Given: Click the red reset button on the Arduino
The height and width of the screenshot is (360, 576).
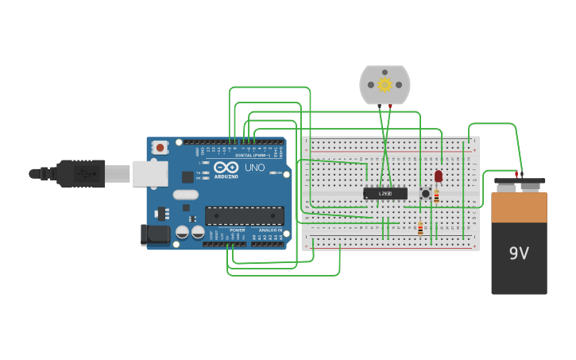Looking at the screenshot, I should pyautogui.click(x=160, y=147).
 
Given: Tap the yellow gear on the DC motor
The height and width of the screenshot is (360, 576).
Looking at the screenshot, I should pyautogui.click(x=385, y=84).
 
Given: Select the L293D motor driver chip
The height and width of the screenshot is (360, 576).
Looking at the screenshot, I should pyautogui.click(x=385, y=193).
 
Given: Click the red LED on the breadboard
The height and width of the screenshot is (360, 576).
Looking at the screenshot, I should pyautogui.click(x=438, y=176).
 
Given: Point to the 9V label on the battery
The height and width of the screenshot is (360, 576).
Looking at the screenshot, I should pyautogui.click(x=519, y=254).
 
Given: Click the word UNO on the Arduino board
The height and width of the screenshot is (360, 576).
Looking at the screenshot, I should pyautogui.click(x=254, y=168).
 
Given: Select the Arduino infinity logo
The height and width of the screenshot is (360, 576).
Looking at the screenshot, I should pyautogui.click(x=226, y=168).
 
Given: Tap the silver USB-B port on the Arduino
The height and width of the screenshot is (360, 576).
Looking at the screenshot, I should pyautogui.click(x=149, y=173).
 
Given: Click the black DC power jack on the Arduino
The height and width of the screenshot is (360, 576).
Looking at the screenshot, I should pyautogui.click(x=155, y=234).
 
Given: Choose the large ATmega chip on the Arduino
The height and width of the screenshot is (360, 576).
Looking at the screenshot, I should pyautogui.click(x=244, y=215).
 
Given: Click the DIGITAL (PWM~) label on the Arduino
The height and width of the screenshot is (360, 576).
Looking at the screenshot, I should pyautogui.click(x=253, y=155).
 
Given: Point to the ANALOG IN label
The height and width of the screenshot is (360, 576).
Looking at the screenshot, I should pyautogui.click(x=269, y=230).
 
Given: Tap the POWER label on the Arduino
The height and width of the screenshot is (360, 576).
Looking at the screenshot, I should pyautogui.click(x=237, y=230).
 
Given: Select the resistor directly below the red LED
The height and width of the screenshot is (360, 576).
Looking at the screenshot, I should pyautogui.click(x=436, y=195).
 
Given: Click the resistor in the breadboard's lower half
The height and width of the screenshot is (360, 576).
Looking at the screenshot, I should pyautogui.click(x=420, y=229).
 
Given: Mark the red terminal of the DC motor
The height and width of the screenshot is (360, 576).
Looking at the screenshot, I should pyautogui.click(x=390, y=106).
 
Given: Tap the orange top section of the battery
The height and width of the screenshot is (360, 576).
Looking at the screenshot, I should pyautogui.click(x=519, y=207).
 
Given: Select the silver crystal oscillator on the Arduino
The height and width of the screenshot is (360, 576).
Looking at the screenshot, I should pyautogui.click(x=185, y=195).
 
